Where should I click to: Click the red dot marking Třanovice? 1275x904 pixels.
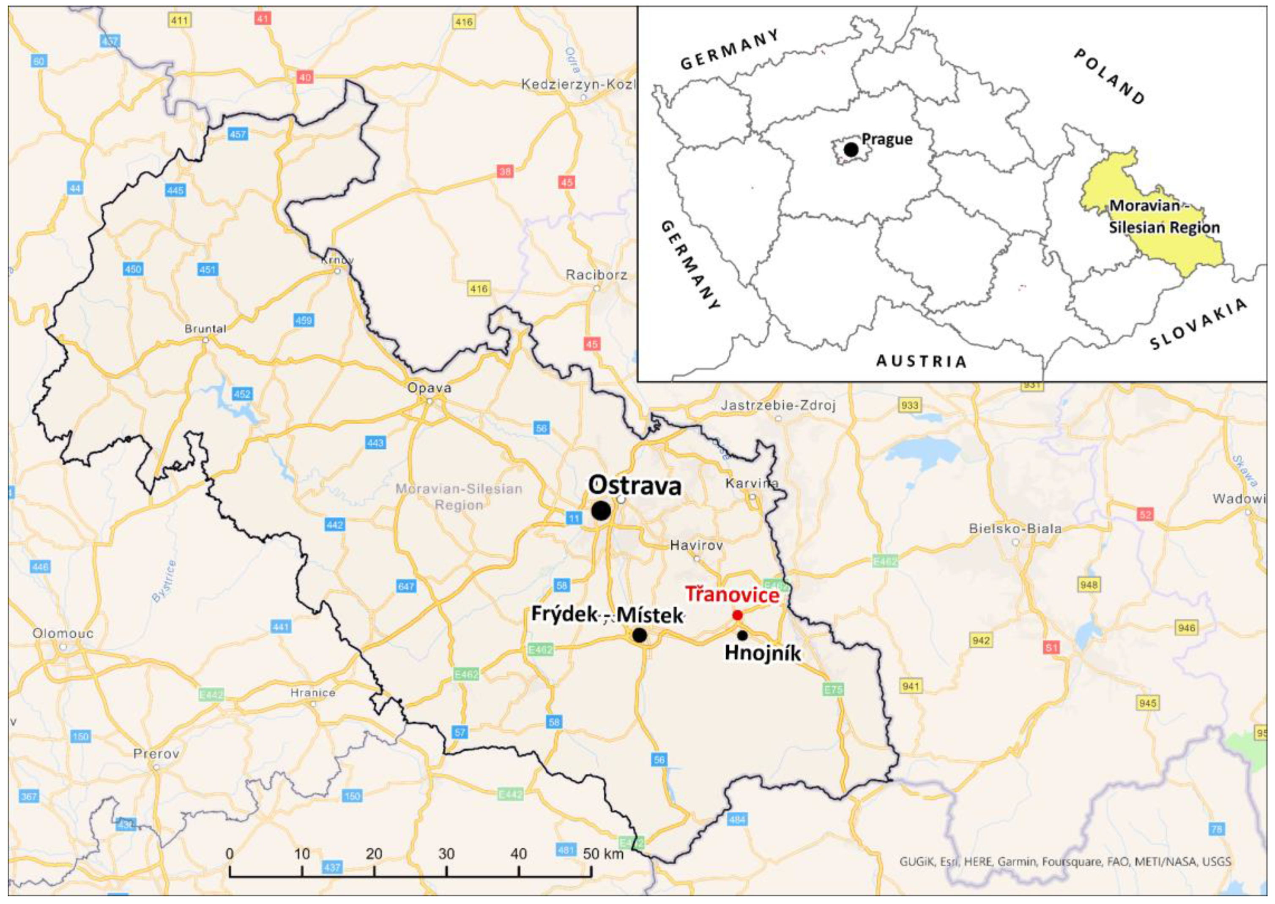point(737,615)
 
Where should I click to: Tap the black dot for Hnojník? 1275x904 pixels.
point(742,635)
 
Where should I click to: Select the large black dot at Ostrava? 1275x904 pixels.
point(601,511)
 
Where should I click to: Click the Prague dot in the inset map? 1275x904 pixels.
point(851,149)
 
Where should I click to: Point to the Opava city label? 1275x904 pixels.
point(429,388)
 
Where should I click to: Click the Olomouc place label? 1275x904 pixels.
point(63,633)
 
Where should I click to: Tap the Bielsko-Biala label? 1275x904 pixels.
point(1015,528)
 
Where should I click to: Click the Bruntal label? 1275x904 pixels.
point(205,329)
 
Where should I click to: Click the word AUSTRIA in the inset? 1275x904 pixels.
point(922,361)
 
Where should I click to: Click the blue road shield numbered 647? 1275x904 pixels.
point(406,586)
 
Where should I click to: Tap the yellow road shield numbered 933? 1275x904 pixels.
point(909,405)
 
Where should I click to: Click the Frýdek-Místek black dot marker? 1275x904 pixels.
point(640,635)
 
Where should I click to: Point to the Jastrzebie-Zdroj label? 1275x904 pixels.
point(778,406)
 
